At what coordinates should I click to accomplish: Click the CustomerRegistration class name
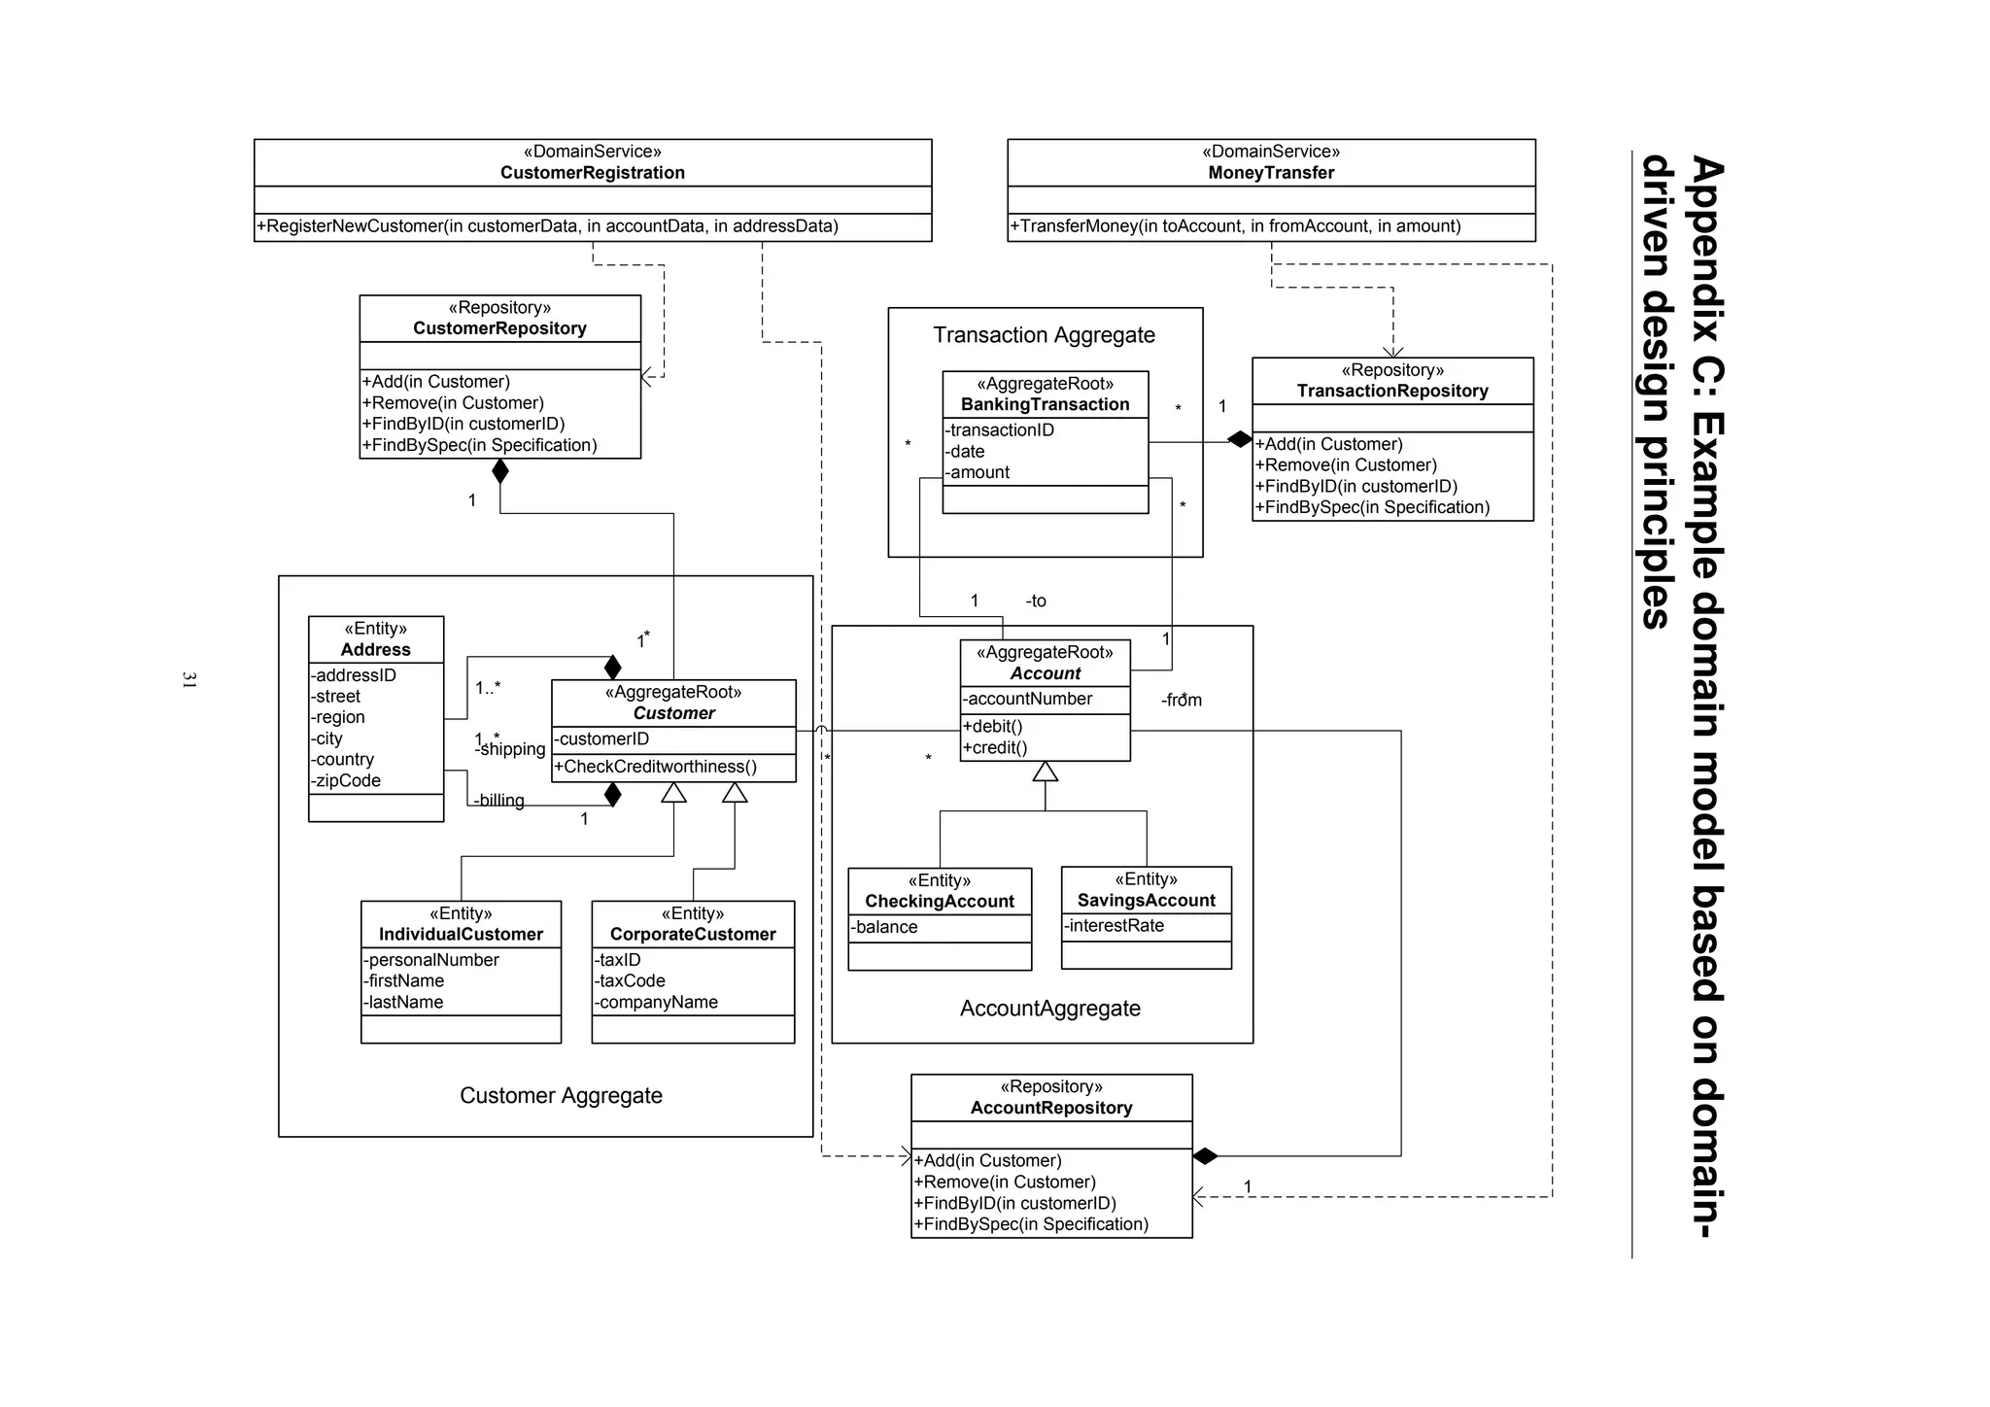pyautogui.click(x=592, y=173)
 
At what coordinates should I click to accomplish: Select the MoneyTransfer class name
pyautogui.click(x=1271, y=173)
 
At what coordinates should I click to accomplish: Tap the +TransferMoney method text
pyautogui.click(x=1235, y=226)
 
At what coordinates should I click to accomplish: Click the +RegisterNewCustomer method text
pyautogui.click(x=547, y=226)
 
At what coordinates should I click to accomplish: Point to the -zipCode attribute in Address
pyautogui.click(x=346, y=781)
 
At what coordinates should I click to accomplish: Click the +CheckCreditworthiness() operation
pyautogui.click(x=655, y=767)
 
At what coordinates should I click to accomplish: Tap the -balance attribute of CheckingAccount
pyautogui.click(x=884, y=927)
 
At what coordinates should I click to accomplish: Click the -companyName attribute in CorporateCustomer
pyautogui.click(x=656, y=1003)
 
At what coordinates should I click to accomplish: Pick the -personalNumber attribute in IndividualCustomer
pyautogui.click(x=431, y=960)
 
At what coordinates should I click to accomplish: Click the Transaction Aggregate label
pyautogui.click(x=1044, y=335)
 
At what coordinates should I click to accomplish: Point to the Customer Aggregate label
pyautogui.click(x=561, y=1096)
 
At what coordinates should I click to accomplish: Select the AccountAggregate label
pyautogui.click(x=1049, y=1009)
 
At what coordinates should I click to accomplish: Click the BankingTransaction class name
pyautogui.click(x=1045, y=405)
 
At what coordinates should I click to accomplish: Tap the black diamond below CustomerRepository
pyautogui.click(x=500, y=471)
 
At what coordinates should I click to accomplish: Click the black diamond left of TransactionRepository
pyautogui.click(x=1239, y=439)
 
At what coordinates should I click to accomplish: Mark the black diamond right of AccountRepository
pyautogui.click(x=1205, y=1156)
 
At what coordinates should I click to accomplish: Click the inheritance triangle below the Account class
pyautogui.click(x=1045, y=772)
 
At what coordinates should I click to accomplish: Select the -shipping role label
pyautogui.click(x=512, y=749)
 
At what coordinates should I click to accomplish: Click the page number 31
pyautogui.click(x=189, y=680)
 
